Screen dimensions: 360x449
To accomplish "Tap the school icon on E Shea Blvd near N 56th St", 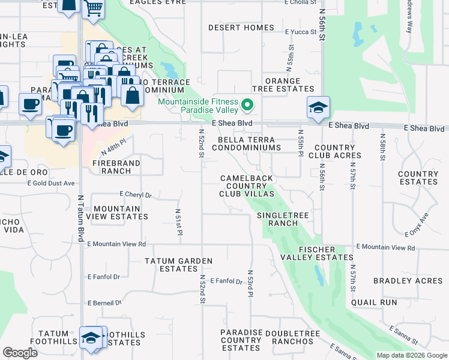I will [x=318, y=108].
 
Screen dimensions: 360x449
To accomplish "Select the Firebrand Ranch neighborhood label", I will [x=116, y=167].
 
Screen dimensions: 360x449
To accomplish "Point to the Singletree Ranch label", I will [x=277, y=219].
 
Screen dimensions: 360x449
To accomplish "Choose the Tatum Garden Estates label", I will [x=178, y=265].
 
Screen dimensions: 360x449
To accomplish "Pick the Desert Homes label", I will [x=241, y=28].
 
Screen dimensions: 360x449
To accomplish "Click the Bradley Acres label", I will [x=408, y=281].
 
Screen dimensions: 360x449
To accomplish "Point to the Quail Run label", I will [x=374, y=303].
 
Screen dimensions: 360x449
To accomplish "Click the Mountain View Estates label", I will [x=117, y=212].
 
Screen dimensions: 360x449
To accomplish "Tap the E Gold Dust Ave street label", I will [x=55, y=183].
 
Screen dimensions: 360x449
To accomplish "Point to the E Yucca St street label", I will [x=300, y=32].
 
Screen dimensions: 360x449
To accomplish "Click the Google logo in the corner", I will [x=20, y=353].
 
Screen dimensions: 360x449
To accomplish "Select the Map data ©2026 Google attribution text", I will [x=411, y=355].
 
